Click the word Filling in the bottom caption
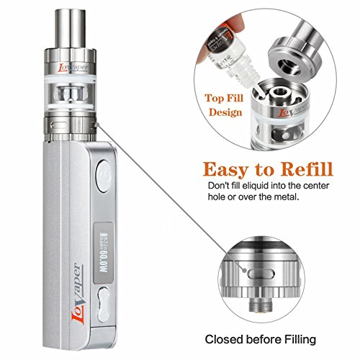[308, 338]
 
